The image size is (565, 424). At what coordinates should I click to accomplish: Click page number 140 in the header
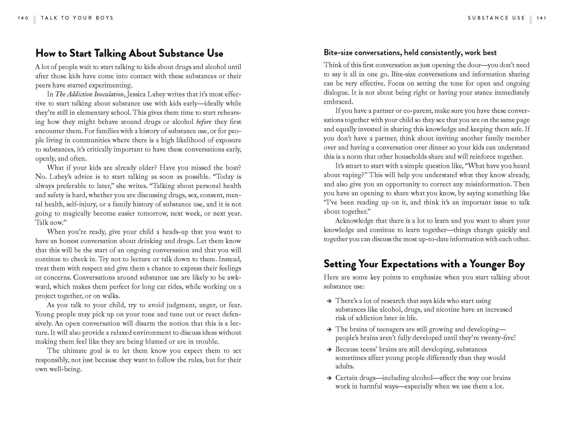23,18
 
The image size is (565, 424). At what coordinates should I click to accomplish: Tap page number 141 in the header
541,18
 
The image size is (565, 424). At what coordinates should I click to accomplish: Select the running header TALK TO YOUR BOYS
77,18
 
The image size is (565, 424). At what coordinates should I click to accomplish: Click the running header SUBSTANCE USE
496,18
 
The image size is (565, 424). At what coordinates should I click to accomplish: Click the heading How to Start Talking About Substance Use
129,53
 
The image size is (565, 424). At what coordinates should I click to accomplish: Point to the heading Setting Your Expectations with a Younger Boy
424,264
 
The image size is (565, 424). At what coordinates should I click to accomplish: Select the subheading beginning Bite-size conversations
410,53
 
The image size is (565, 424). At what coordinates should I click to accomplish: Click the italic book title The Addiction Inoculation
90,94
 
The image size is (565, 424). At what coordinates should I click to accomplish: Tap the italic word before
204,122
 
